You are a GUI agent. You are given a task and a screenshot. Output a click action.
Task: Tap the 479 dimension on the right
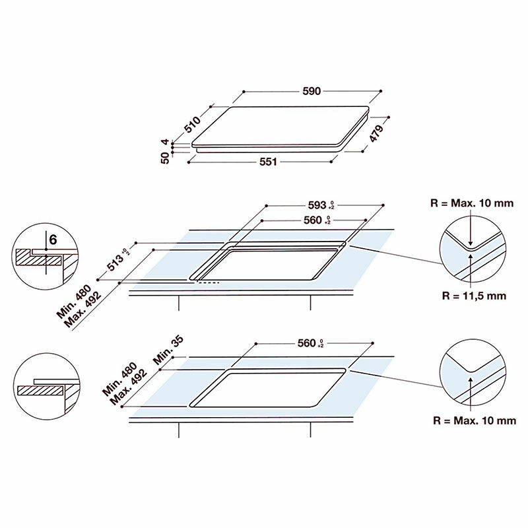pyautogui.click(x=376, y=134)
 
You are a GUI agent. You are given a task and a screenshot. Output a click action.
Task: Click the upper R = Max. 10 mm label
pyautogui.click(x=472, y=203)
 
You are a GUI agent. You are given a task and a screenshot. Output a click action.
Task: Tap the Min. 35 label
pyautogui.click(x=168, y=350)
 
